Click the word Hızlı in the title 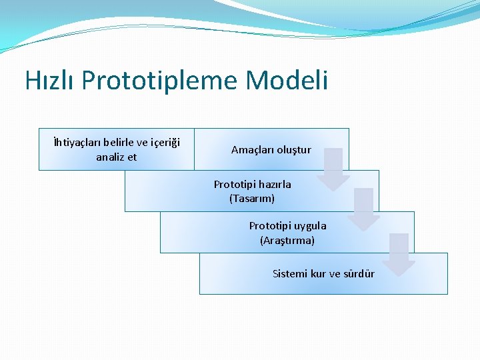tap(51, 81)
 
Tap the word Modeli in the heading tap(287, 81)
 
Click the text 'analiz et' tap(116, 157)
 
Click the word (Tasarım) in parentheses tap(252, 199)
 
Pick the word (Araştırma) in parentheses tap(287, 240)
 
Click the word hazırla tap(274, 185)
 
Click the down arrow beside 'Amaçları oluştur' tap(333, 169)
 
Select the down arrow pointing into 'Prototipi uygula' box tap(363, 209)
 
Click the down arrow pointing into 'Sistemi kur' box tap(399, 254)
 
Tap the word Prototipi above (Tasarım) tap(233, 185)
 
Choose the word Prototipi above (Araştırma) tap(269, 226)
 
